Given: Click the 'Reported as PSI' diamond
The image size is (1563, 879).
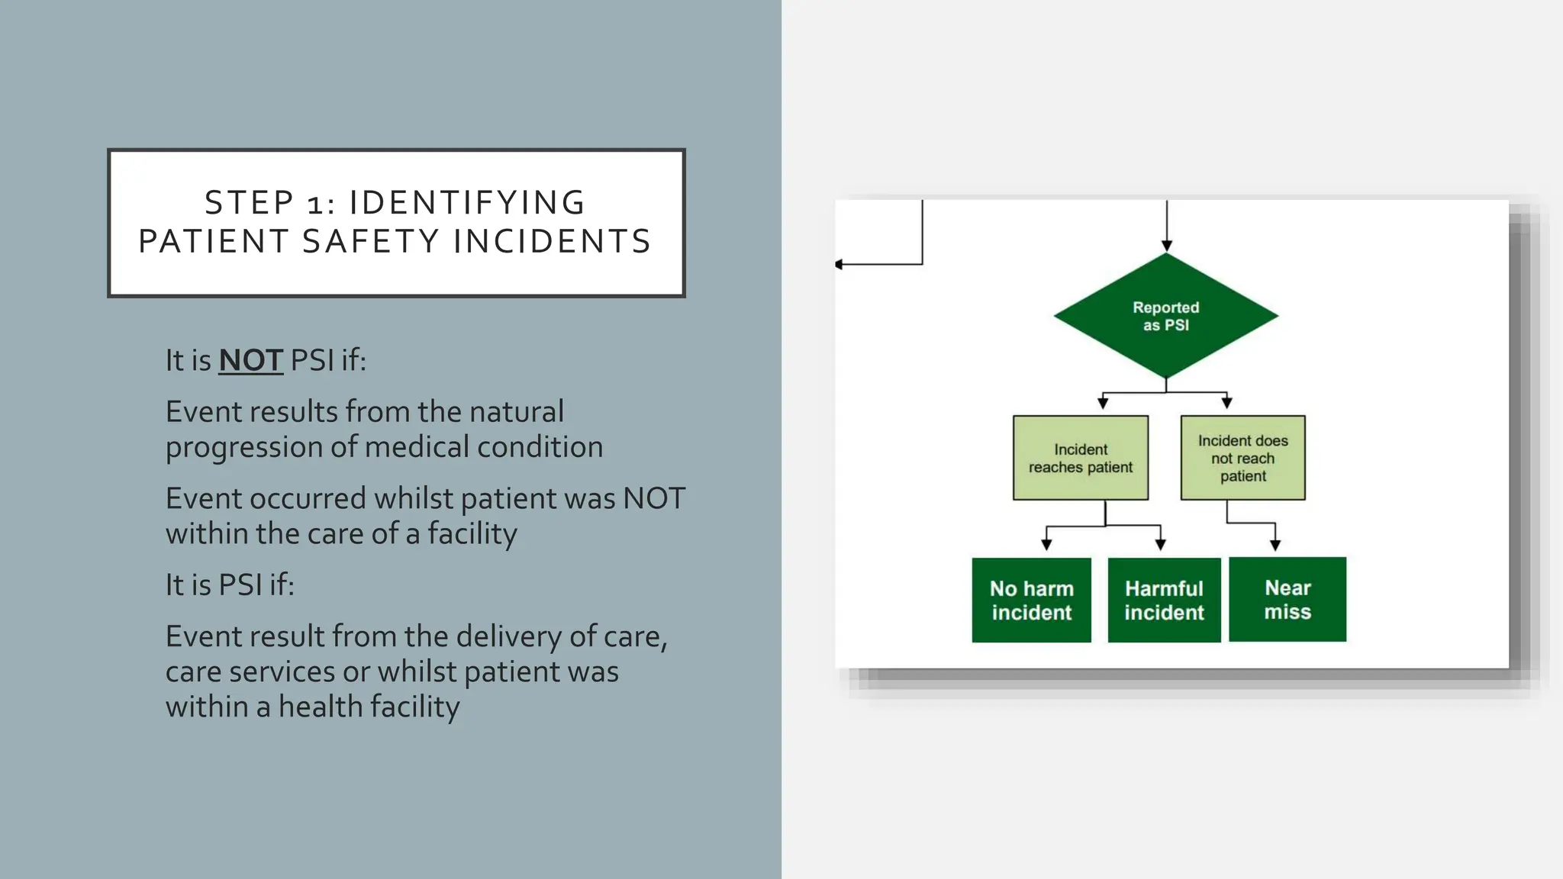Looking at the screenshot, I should pos(1165,316).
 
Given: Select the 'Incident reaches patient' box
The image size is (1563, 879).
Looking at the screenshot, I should pos(1080,458).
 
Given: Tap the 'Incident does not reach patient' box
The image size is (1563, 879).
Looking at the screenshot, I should pos(1242,458).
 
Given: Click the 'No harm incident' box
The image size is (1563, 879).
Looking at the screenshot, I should pos(1031,600).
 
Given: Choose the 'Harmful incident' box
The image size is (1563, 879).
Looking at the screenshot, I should pos(1164,600).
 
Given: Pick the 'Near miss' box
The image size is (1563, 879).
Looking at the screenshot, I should pos(1287,599).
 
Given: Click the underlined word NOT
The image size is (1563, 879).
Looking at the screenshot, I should pos(250,360).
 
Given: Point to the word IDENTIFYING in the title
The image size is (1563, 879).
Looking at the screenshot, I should pos(467,203).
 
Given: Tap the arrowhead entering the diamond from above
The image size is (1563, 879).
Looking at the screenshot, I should pos(1167,246).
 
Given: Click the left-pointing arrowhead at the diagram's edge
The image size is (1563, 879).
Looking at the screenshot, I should pos(840,264).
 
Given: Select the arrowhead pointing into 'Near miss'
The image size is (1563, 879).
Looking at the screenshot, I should pos(1275,545).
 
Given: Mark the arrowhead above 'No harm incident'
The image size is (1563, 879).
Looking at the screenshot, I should pos(1046,545).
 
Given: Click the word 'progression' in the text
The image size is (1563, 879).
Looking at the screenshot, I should pos(243,447).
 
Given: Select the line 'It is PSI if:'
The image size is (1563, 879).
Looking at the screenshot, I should pos(230,585).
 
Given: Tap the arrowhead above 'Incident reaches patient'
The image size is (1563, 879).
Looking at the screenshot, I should pos(1103,403).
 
